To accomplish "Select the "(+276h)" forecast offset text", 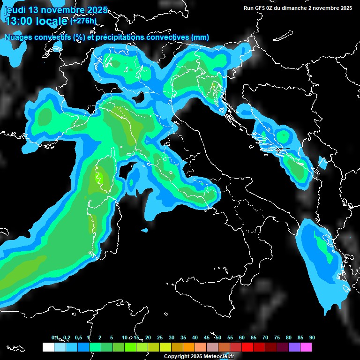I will pyautogui.click(x=83, y=21).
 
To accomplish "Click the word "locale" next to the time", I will pyautogui.click(x=52, y=21).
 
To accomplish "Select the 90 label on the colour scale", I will pyautogui.click(x=312, y=337).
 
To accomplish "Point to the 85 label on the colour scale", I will pyautogui.click(x=300, y=337).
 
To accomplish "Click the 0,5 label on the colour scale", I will pyautogui.click(x=78, y=337).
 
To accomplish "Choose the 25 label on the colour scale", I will pyautogui.click(x=160, y=337).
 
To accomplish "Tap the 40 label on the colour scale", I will pyautogui.click(x=195, y=337).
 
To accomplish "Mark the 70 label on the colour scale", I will pyautogui.click(x=265, y=337).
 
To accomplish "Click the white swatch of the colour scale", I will pyautogui.click(x=48, y=347).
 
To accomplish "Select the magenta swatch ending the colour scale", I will pyautogui.click(x=306, y=347).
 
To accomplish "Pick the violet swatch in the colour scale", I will pyautogui.click(x=294, y=347).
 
